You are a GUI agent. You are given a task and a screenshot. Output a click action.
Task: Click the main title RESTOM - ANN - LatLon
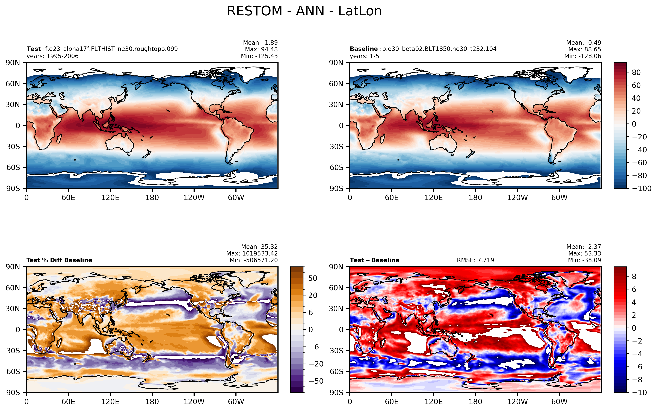[304, 11]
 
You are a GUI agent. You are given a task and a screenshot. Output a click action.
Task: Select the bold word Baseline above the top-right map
[363, 49]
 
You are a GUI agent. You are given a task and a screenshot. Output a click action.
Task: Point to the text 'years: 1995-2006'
[52, 56]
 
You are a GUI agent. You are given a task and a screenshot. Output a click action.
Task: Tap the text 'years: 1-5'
[364, 56]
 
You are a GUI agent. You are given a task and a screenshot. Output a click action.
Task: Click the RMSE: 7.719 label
[475, 260]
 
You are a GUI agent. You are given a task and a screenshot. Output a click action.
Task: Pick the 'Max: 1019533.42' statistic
[252, 253]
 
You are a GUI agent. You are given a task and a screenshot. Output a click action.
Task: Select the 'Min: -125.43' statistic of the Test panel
[259, 56]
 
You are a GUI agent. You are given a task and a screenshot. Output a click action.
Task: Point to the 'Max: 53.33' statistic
[584, 253]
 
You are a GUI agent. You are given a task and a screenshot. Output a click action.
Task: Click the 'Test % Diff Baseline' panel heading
[59, 260]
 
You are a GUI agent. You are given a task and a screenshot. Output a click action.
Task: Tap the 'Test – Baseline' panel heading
[374, 260]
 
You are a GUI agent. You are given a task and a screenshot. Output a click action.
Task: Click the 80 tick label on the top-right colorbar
[636, 72]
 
